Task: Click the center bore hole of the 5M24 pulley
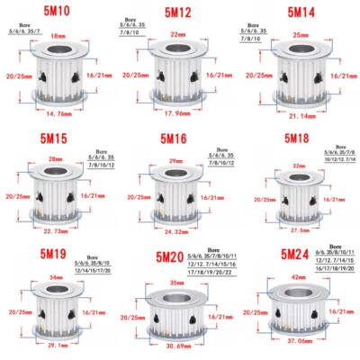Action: coord(295,293)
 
